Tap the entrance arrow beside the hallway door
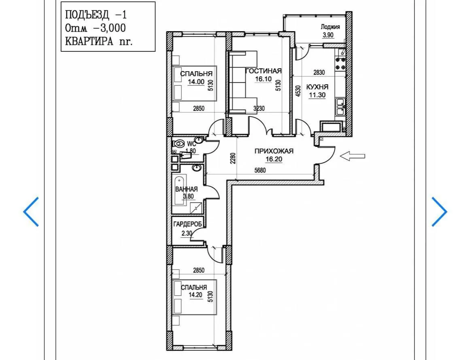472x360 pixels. click(x=353, y=156)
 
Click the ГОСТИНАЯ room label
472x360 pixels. click(x=264, y=71)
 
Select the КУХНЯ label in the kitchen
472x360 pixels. click(x=317, y=87)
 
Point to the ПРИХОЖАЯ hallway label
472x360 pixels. click(x=274, y=151)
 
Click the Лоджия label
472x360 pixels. click(x=330, y=27)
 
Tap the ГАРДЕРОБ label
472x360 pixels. click(x=187, y=224)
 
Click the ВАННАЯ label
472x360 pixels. click(x=186, y=189)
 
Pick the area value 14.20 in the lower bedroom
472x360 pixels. click(x=196, y=295)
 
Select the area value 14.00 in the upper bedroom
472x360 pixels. click(x=196, y=81)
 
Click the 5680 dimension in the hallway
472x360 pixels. click(x=260, y=171)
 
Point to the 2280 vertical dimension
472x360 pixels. click(x=233, y=159)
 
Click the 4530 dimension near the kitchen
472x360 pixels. click(x=298, y=91)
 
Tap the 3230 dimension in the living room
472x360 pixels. click(x=259, y=108)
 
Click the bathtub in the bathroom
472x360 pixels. click(x=180, y=191)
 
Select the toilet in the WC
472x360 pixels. click(x=179, y=143)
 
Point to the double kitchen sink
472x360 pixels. click(x=340, y=107)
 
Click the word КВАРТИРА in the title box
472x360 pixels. click(x=89, y=41)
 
